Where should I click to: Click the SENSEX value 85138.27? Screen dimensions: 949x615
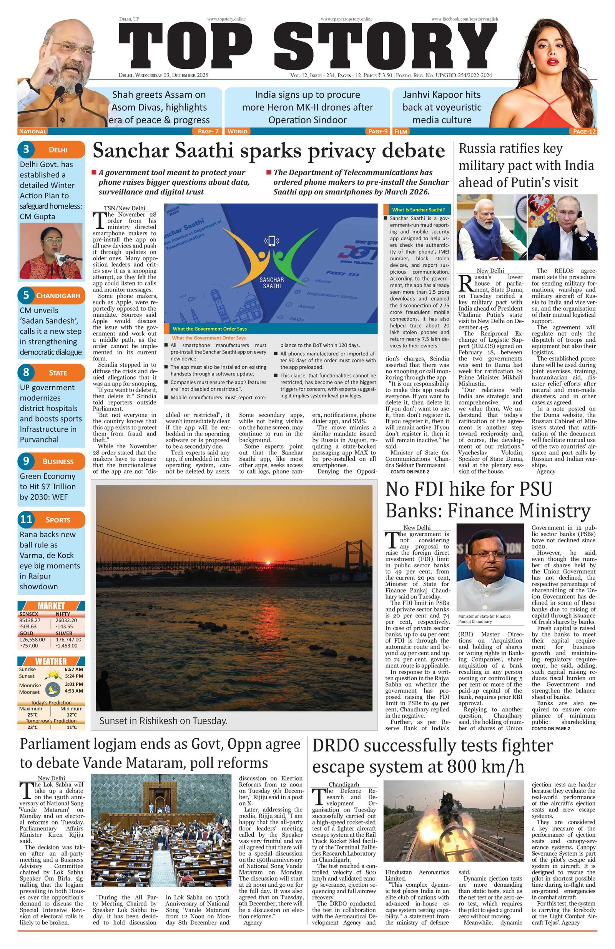point(30,620)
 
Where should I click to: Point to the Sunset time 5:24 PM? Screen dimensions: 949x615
point(73,675)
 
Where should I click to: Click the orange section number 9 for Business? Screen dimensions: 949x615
point(26,461)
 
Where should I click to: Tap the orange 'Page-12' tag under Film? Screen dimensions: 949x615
point(584,131)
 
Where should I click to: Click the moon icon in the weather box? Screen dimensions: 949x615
point(51,689)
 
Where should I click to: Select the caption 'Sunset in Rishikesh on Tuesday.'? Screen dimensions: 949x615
point(163,721)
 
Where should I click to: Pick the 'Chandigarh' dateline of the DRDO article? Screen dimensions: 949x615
point(343,784)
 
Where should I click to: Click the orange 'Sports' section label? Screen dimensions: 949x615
point(58,520)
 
